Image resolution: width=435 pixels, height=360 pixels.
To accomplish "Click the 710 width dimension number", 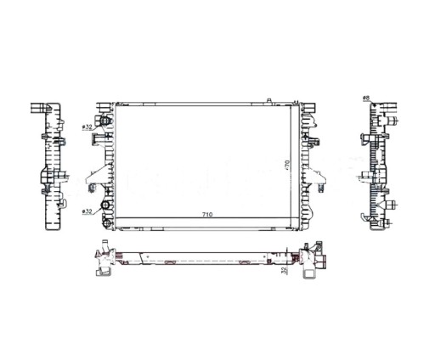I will (206, 215).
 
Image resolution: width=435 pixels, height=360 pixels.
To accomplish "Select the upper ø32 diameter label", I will (87, 127).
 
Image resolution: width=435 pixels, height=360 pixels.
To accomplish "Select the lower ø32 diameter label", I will (87, 211).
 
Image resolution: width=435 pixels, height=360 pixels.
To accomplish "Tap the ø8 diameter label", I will (366, 98).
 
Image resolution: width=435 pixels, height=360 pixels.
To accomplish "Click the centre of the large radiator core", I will (206, 161).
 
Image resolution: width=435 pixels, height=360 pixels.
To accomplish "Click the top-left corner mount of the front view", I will (107, 105).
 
